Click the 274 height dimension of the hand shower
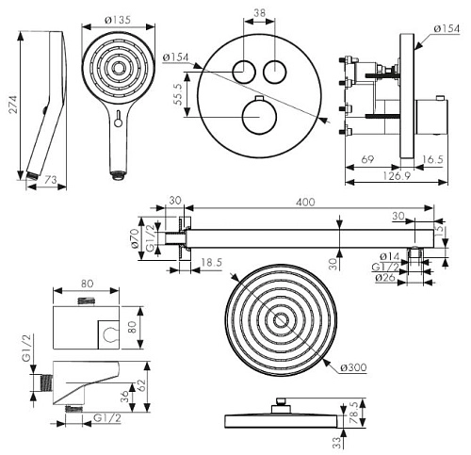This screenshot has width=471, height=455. [x=12, y=105]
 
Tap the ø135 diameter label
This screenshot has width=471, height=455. [x=118, y=20]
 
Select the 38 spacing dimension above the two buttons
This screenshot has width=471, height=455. [x=259, y=13]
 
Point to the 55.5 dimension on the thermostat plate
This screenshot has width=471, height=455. [x=177, y=94]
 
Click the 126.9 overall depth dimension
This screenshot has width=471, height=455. [x=397, y=175]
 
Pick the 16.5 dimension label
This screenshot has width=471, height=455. [x=432, y=159]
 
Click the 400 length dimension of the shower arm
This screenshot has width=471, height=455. [x=305, y=202]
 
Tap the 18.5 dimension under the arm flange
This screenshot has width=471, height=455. [x=211, y=262]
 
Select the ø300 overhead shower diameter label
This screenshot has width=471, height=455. [x=353, y=367]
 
